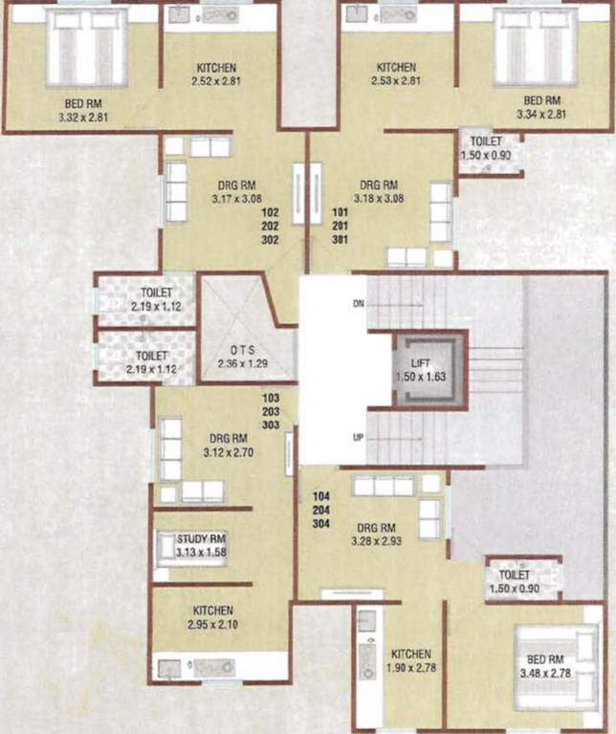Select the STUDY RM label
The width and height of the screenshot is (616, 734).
(201, 539)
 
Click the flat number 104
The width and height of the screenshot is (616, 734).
(322, 497)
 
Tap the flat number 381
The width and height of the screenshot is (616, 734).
(340, 240)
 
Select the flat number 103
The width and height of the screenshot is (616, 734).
(271, 395)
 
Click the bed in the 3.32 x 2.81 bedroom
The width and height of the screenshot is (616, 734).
(87, 48)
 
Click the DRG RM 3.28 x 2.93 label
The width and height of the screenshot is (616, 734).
(376, 533)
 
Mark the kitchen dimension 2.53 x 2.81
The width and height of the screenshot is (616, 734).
(396, 81)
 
